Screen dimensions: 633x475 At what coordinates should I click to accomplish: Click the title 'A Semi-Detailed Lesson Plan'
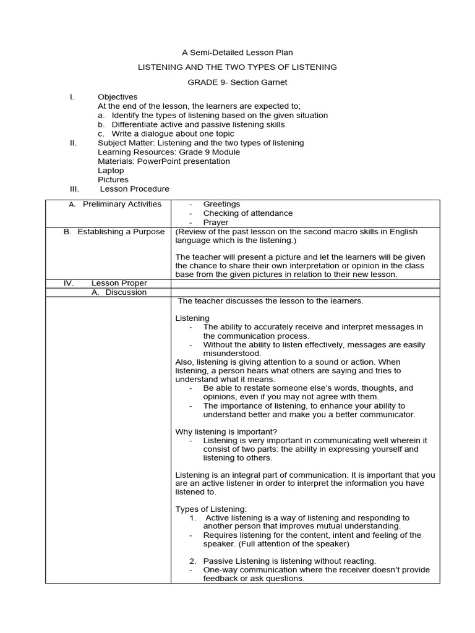[x=237, y=53]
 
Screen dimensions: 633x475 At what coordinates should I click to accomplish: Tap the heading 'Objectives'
[x=118, y=97]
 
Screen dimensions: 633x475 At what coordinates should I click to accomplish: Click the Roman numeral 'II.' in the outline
[x=73, y=143]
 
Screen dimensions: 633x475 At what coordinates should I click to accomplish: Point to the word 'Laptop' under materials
[x=111, y=170]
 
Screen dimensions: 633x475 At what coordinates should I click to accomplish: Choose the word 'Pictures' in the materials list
[x=113, y=179]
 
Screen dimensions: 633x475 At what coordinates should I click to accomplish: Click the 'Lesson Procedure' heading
[x=134, y=189]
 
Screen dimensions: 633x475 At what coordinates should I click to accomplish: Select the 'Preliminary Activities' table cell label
[x=122, y=204]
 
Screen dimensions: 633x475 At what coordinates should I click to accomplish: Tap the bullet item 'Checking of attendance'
[x=248, y=213]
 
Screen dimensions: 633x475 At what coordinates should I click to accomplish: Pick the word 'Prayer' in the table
[x=216, y=223]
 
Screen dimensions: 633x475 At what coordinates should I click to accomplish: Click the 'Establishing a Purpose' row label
[x=121, y=232]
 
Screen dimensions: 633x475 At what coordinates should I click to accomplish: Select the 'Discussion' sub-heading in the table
[x=126, y=292]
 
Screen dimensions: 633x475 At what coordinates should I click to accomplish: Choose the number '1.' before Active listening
[x=193, y=518]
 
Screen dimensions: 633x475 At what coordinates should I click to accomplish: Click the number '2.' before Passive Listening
[x=193, y=561]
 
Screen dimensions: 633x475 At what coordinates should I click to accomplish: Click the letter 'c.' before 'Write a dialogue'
[x=101, y=134]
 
